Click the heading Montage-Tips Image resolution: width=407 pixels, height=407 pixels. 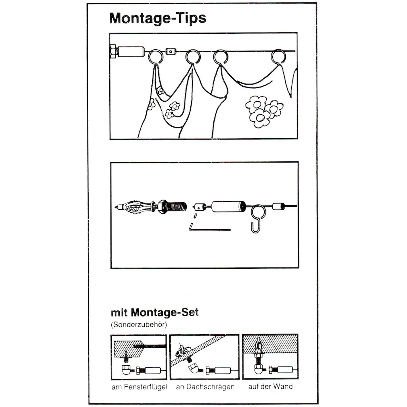pyautogui.click(x=158, y=19)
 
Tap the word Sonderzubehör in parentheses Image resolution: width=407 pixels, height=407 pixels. pyautogui.click(x=139, y=325)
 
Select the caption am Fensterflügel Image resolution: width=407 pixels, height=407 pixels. pyautogui.click(x=140, y=387)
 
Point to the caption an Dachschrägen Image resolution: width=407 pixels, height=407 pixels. pyautogui.click(x=205, y=387)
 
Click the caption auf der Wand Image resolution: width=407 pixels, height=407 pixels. pyautogui.click(x=270, y=386)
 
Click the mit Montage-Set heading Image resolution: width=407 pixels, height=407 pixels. pyautogui.click(x=155, y=312)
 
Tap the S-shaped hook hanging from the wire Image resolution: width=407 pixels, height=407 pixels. pyautogui.click(x=258, y=219)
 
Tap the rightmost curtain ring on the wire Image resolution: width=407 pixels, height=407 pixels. pyautogui.click(x=279, y=56)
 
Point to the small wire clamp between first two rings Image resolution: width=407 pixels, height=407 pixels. pyautogui.click(x=170, y=51)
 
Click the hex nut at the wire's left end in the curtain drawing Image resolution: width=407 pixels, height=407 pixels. pyautogui.click(x=113, y=52)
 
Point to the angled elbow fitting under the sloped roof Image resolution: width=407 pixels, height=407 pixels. pyautogui.click(x=194, y=368)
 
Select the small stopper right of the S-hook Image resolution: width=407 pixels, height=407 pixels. pyautogui.click(x=278, y=207)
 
